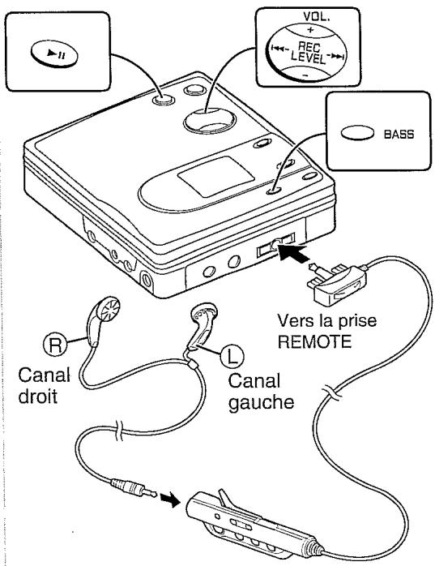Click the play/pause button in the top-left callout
(x=54, y=54)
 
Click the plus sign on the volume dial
(x=310, y=30)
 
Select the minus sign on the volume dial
(x=305, y=75)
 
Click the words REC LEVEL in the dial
(x=309, y=53)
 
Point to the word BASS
(x=399, y=135)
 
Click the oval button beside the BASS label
(x=357, y=133)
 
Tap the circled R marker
(x=55, y=345)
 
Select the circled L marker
(x=232, y=355)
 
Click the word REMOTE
(x=314, y=341)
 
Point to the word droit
(x=38, y=396)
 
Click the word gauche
(x=261, y=402)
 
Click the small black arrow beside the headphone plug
(x=170, y=500)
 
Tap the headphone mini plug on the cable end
(x=134, y=488)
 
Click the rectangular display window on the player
(x=215, y=177)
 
